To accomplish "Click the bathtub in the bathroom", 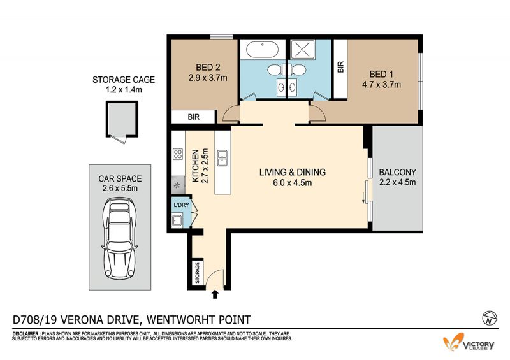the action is [x=262, y=50].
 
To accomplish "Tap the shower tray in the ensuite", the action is [x=302, y=49].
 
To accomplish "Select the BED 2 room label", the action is [x=208, y=68].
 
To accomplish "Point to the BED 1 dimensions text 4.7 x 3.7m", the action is [x=381, y=85].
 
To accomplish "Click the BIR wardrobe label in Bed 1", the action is [x=340, y=68].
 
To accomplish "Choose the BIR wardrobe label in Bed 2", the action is [x=194, y=117].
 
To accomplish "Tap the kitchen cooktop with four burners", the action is [x=178, y=154].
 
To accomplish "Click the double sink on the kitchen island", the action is [x=222, y=158].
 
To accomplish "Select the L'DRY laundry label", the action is [x=181, y=205].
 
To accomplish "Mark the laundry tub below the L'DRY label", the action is [x=177, y=220].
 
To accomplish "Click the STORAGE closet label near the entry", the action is [x=197, y=272].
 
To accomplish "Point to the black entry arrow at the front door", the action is [x=215, y=294].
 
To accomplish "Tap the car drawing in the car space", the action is [x=119, y=238].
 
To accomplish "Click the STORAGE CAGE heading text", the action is [x=124, y=80].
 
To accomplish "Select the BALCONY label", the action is [x=397, y=172].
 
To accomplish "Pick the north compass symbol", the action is [x=490, y=318].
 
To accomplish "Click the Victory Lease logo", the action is [x=469, y=342].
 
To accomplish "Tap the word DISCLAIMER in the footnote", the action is [x=25, y=334].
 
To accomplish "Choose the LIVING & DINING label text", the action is [x=293, y=172].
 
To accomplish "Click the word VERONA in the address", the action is [x=86, y=320].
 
